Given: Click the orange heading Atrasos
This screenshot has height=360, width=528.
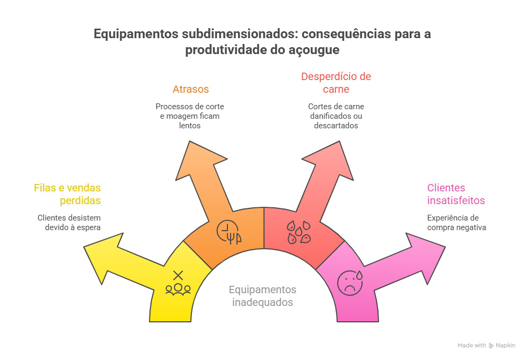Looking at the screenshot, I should click(190, 89).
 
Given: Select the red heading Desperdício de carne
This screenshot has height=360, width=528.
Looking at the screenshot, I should click(336, 82).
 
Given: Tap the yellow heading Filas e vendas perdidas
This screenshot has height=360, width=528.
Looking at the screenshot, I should click(67, 194).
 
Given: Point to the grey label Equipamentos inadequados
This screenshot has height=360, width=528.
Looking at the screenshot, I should click(262, 296).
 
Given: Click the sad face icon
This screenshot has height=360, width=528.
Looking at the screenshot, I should click(350, 282).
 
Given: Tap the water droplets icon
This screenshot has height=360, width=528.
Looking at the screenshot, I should click(298, 232).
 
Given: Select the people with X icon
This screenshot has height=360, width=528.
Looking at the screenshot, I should click(178, 283).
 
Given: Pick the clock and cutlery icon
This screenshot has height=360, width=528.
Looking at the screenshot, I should click(229, 231).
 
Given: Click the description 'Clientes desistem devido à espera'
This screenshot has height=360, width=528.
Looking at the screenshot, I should click(69, 222).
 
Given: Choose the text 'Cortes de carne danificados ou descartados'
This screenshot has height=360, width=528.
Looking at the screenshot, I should click(336, 116).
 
